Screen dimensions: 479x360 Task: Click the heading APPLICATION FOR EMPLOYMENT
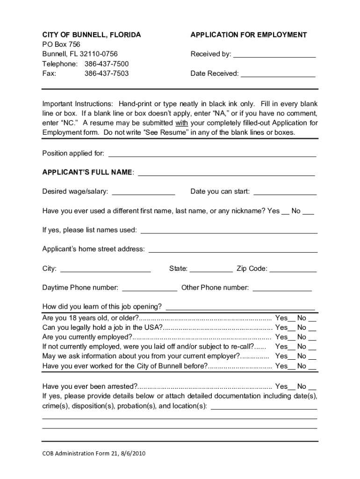249,35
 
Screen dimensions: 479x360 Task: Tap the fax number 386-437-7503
107,73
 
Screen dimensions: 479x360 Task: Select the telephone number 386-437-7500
107,64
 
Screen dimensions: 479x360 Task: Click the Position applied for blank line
212,155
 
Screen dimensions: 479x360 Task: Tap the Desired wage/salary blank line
144,193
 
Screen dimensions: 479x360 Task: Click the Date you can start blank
285,193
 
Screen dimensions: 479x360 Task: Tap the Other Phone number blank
282,289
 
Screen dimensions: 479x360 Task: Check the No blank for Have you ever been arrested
312,388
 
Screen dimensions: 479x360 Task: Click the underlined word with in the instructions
181,123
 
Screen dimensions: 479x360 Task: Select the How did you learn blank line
240,308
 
